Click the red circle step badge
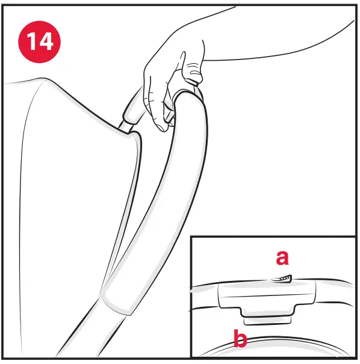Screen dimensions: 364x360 (x=40, y=42)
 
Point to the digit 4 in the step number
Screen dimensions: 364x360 (x=47, y=42)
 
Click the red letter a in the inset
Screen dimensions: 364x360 (x=282, y=258)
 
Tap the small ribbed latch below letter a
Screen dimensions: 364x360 (x=282, y=278)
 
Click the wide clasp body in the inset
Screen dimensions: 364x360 (x=265, y=295)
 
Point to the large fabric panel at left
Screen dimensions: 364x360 (x=60, y=180)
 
